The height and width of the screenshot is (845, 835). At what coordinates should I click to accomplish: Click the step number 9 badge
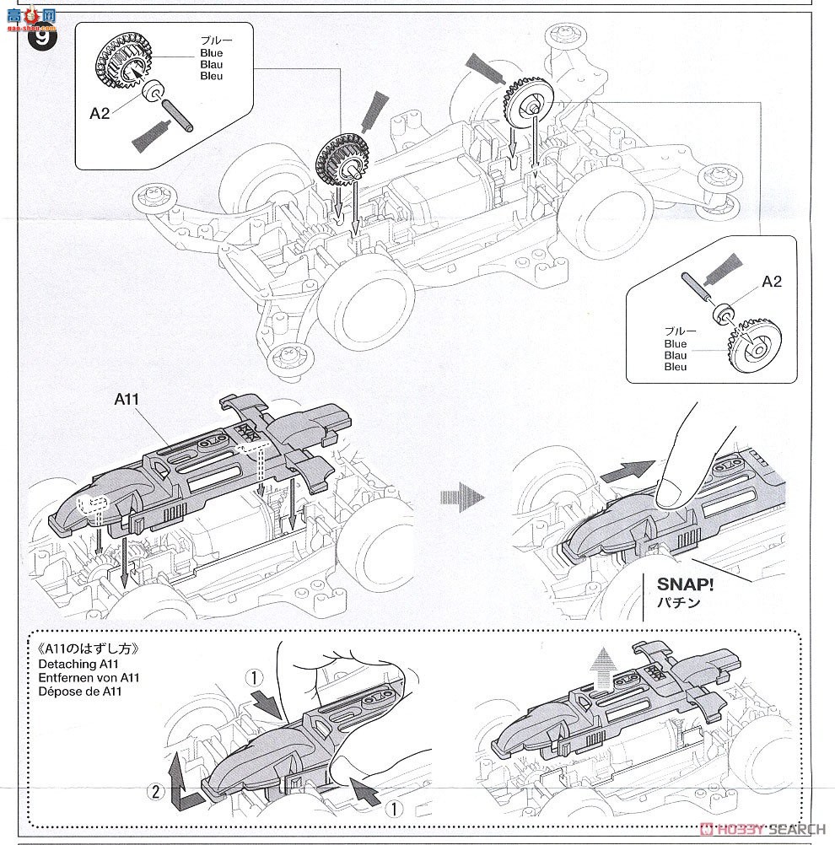click(40, 37)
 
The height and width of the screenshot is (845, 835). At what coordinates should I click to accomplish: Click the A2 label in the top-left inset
click(100, 113)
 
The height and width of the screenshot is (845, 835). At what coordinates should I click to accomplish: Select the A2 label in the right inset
click(772, 282)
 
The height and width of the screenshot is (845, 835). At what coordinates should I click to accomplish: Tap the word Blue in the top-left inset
click(211, 53)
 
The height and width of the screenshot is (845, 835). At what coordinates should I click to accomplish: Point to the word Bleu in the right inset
click(676, 367)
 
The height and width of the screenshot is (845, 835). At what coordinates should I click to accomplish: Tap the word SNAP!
click(683, 584)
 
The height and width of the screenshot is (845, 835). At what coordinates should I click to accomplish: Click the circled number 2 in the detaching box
click(154, 791)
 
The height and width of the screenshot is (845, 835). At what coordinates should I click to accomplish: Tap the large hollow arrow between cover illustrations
click(462, 498)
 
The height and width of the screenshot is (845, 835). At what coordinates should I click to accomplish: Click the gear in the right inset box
click(752, 344)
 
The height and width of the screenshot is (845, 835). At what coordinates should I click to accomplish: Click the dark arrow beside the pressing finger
click(628, 470)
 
